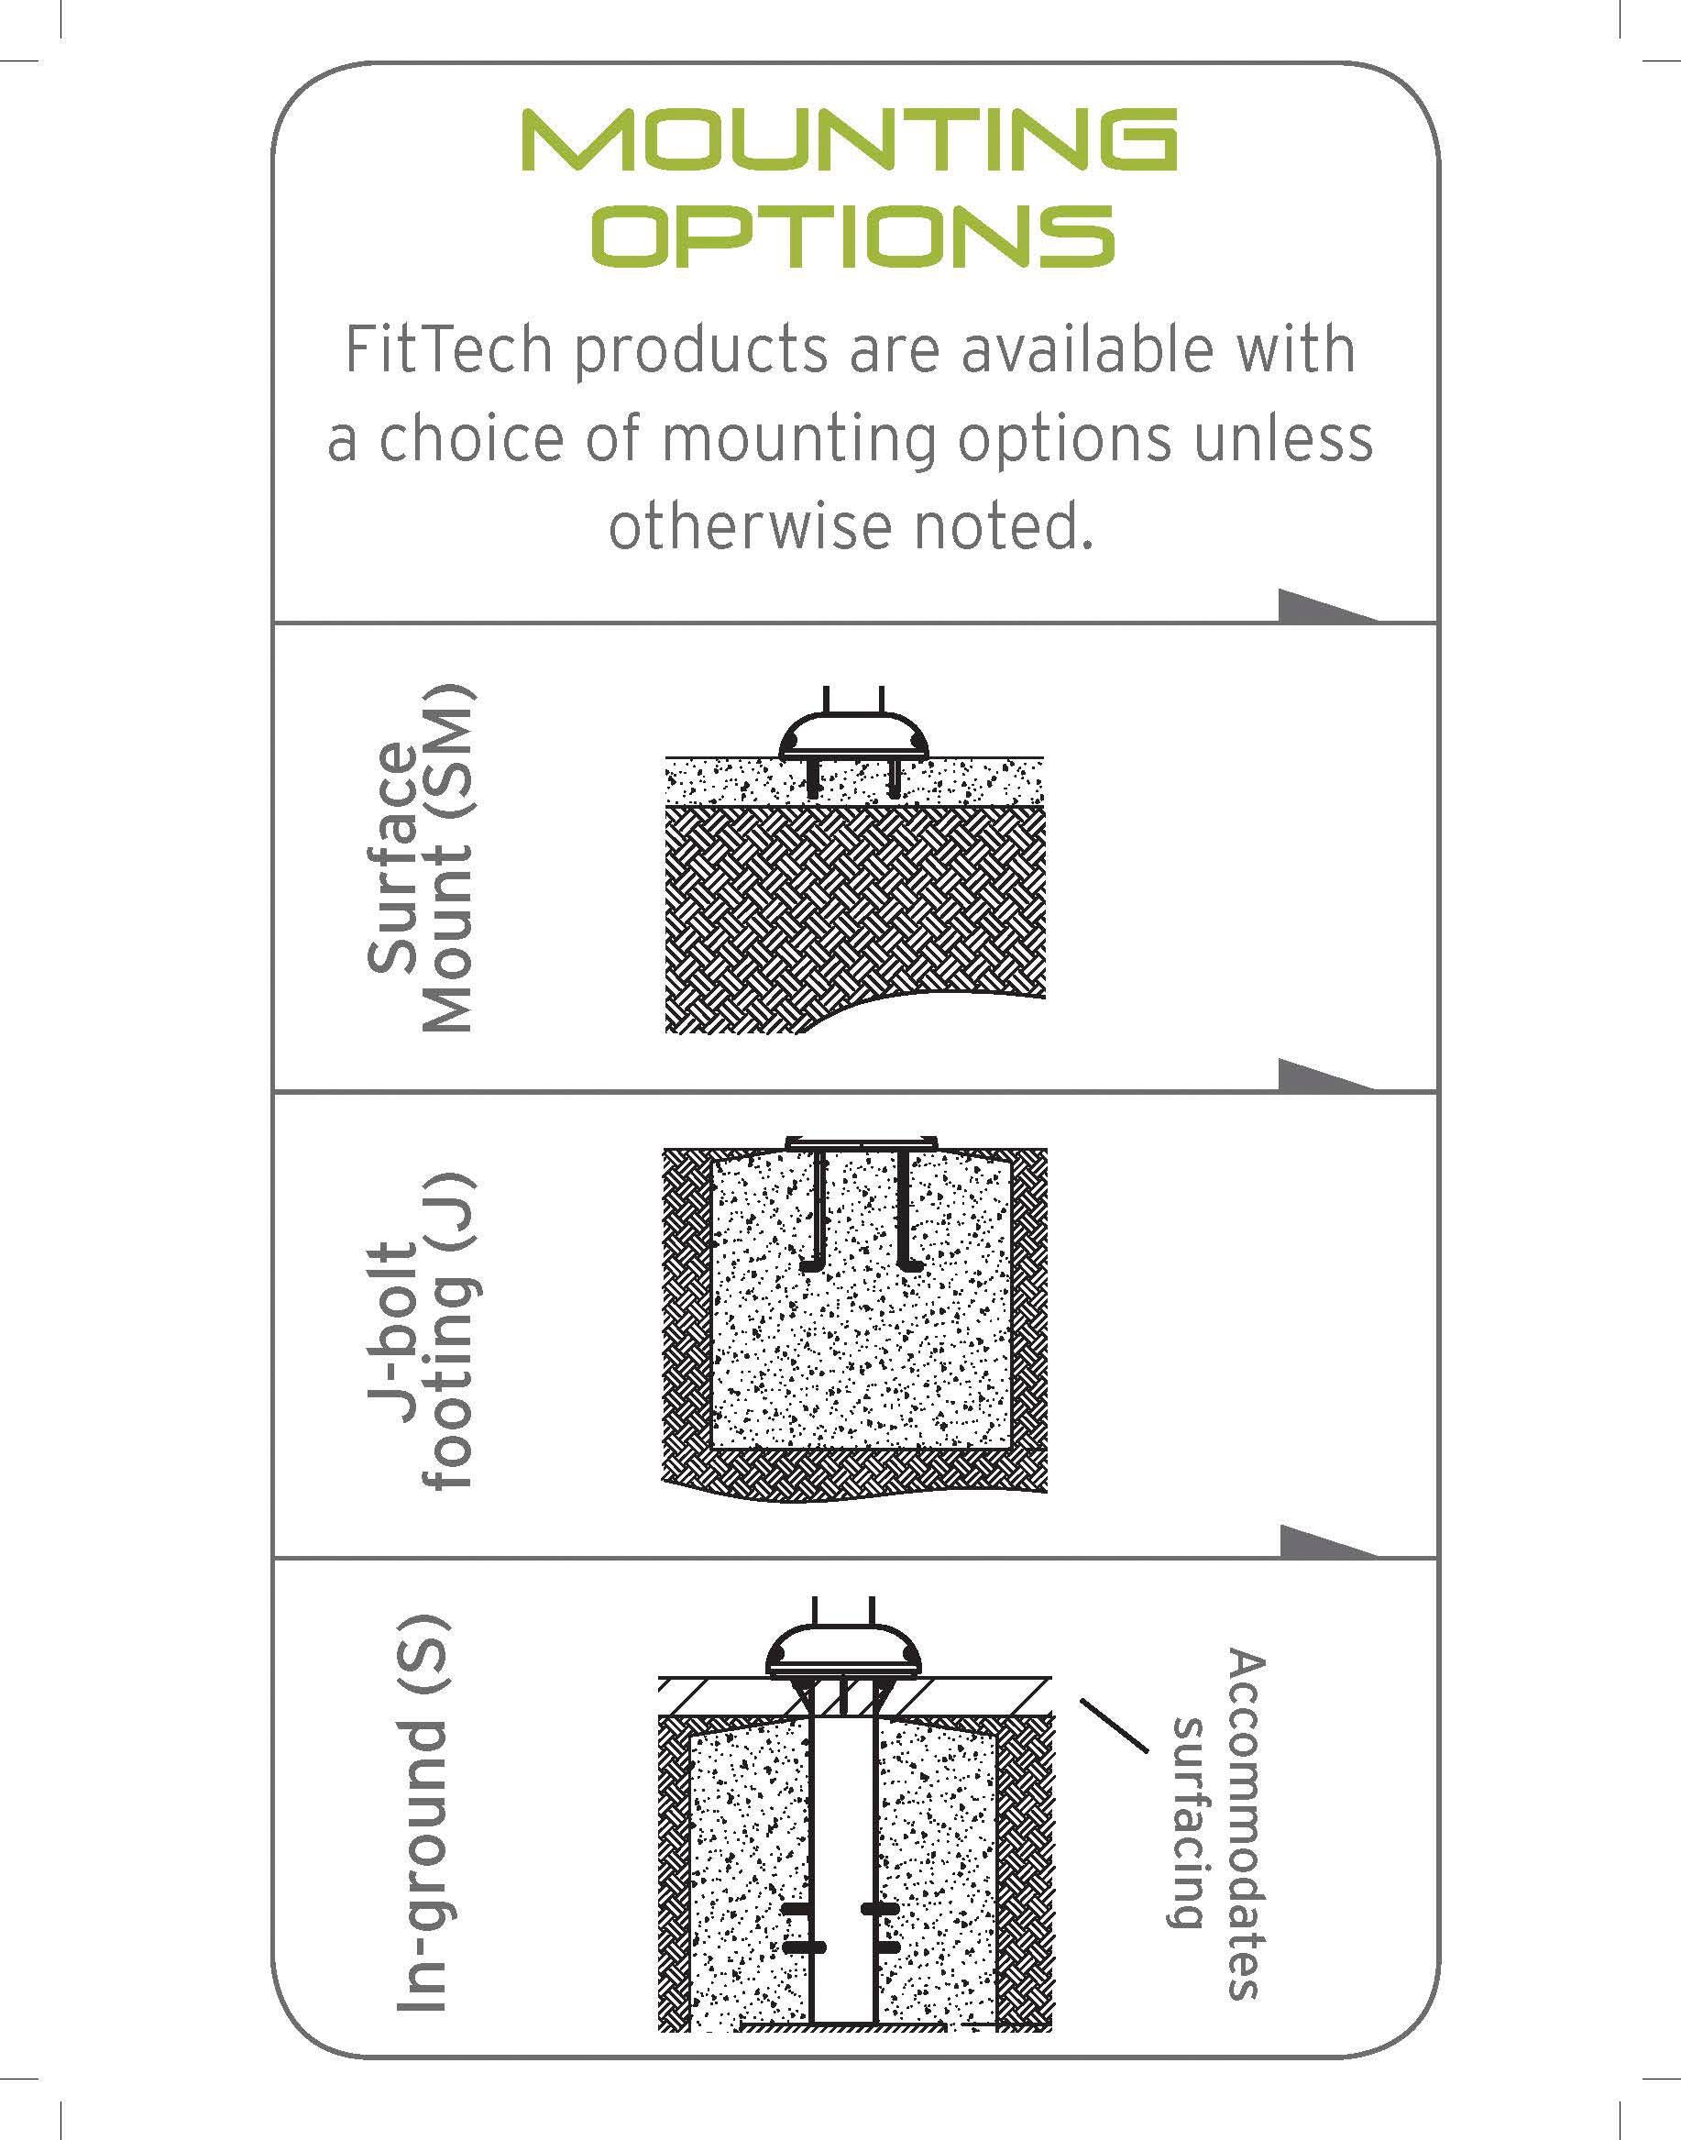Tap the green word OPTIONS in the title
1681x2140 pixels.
[857, 236]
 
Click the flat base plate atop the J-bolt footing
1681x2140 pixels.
[862, 1142]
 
